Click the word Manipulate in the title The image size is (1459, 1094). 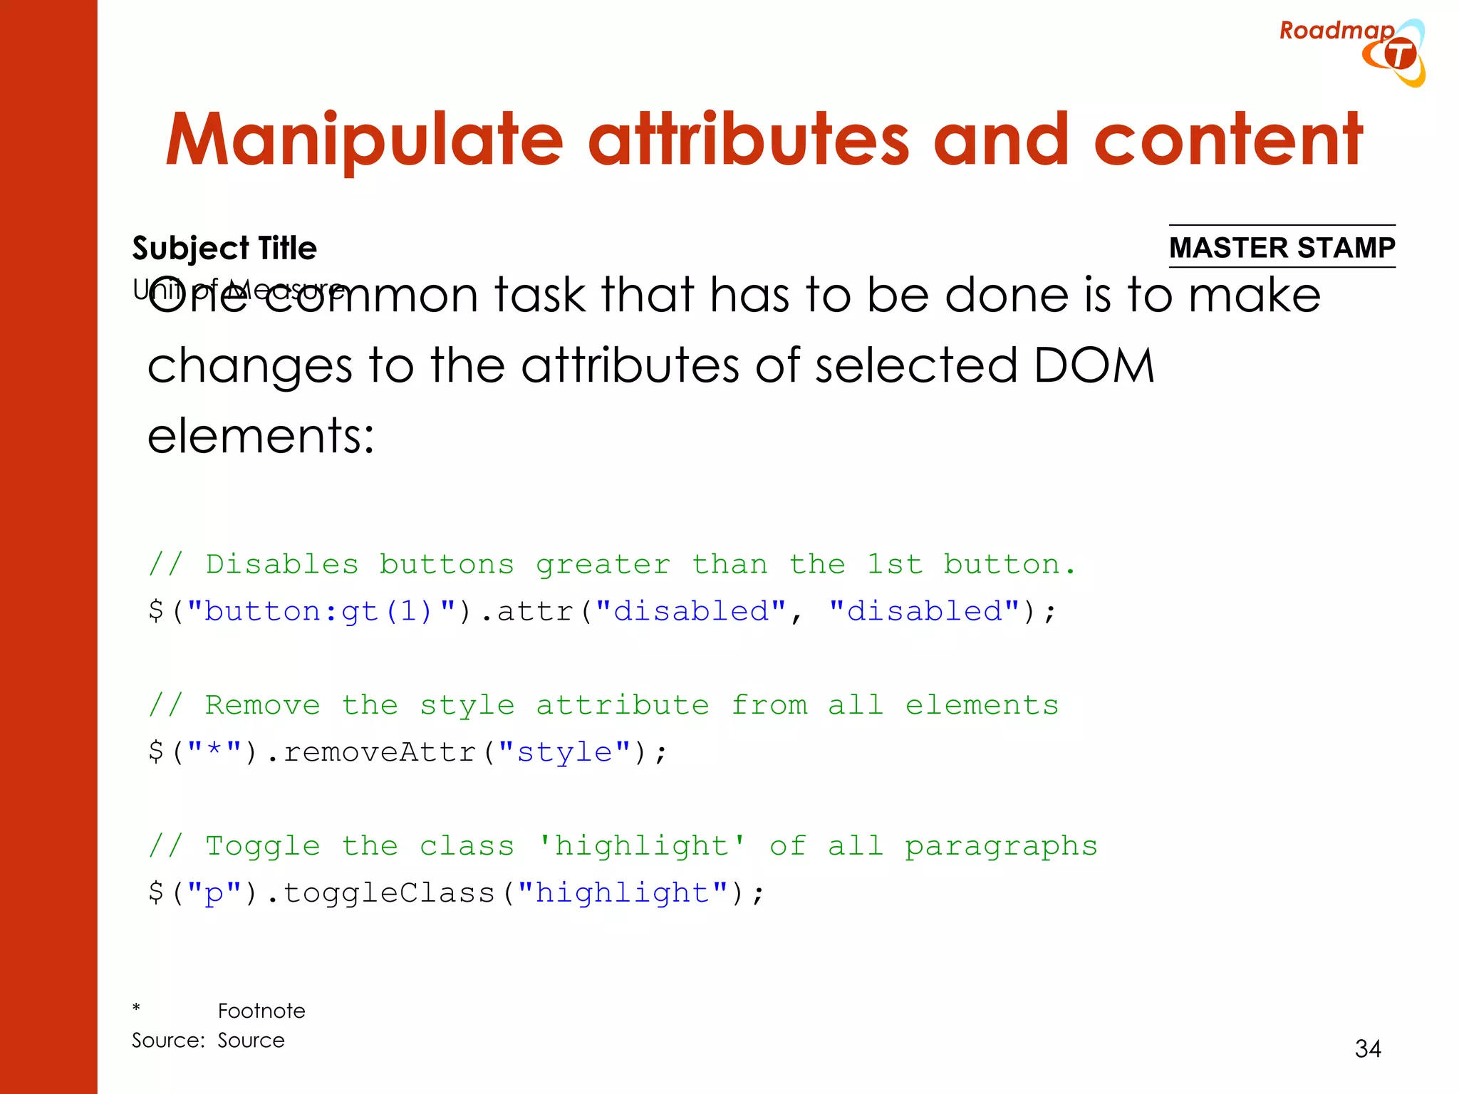(364, 140)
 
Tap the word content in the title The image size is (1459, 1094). (1227, 140)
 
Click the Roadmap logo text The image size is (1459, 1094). (1336, 31)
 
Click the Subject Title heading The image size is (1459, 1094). (224, 249)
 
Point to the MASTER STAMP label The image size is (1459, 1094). (1282, 247)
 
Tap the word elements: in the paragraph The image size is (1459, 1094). (261, 436)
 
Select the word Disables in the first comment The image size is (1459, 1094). (282, 565)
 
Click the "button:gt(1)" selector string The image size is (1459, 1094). (319, 612)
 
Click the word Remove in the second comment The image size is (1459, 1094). (262, 705)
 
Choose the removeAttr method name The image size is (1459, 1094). (379, 752)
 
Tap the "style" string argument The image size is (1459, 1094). (564, 752)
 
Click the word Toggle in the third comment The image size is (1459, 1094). (262, 846)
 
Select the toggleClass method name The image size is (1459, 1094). (388, 893)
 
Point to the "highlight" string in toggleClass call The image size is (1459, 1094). (623, 893)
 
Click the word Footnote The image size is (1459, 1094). (261, 1011)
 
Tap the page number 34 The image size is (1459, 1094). (1368, 1048)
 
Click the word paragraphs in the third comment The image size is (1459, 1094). (1001, 846)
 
